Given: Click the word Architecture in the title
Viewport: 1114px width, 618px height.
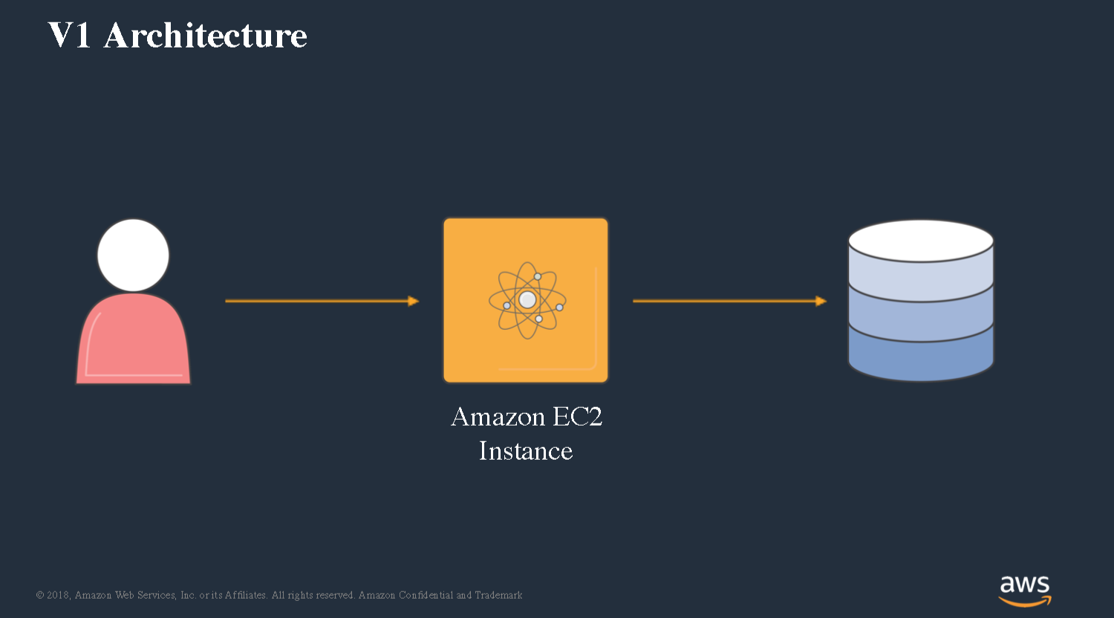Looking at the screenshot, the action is pyautogui.click(x=205, y=36).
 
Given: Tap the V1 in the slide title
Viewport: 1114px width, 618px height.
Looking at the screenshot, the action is pyautogui.click(x=68, y=35).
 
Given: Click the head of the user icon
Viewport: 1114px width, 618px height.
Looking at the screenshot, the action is pyautogui.click(x=133, y=256).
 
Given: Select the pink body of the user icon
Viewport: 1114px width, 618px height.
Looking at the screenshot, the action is pyautogui.click(x=133, y=339).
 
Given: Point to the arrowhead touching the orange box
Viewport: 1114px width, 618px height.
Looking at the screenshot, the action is pyautogui.click(x=414, y=301).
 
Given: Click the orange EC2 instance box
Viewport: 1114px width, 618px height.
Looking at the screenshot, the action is pyautogui.click(x=526, y=300).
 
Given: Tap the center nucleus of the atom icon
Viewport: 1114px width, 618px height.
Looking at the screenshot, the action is pyautogui.click(x=527, y=300).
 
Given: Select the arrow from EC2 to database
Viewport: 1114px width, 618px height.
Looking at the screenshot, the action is pyautogui.click(x=729, y=301).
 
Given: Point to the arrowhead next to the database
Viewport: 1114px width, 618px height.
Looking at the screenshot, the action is pyautogui.click(x=821, y=301).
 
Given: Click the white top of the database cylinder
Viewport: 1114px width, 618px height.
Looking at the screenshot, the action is pyautogui.click(x=921, y=241).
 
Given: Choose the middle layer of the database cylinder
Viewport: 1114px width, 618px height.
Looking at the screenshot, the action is pyautogui.click(x=921, y=317).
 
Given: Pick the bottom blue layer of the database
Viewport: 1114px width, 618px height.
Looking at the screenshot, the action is pyautogui.click(x=921, y=357).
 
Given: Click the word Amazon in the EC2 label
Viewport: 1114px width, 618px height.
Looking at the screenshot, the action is pyautogui.click(x=498, y=417).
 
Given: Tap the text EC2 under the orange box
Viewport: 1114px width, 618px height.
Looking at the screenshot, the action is pyautogui.click(x=577, y=417).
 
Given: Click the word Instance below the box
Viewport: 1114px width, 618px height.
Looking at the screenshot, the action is pyautogui.click(x=526, y=451).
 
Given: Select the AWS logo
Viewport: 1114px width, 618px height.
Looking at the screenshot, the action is pyautogui.click(x=1025, y=591).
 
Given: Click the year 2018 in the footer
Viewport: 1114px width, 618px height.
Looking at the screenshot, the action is pyautogui.click(x=58, y=595).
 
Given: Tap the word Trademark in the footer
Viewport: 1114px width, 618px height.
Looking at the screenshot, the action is pyautogui.click(x=498, y=595).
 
